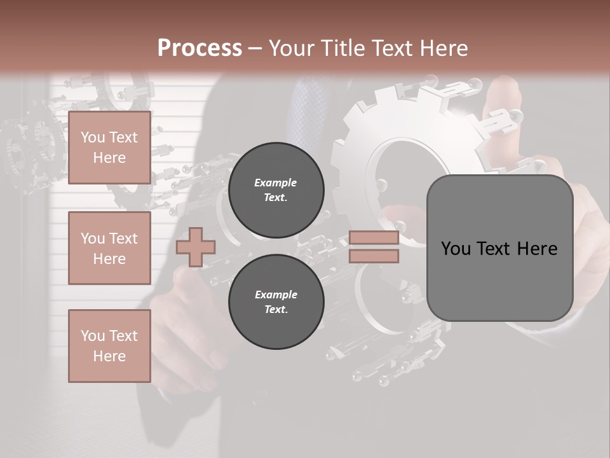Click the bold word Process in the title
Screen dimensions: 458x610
[x=200, y=48]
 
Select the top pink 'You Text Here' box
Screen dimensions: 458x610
[x=109, y=148]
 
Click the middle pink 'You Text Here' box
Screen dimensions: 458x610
[x=109, y=248]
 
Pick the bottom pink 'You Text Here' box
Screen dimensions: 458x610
[x=109, y=345]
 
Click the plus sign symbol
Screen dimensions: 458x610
[x=195, y=247]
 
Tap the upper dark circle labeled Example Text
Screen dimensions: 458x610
[x=276, y=190]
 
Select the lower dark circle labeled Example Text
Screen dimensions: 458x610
[x=276, y=302]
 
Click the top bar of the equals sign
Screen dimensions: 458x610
[x=374, y=238]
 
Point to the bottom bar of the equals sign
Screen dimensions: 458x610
[x=374, y=256]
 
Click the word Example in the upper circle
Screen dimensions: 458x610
[x=276, y=183]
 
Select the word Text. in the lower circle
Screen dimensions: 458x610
[x=276, y=309]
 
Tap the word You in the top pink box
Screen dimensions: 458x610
[x=92, y=137]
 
